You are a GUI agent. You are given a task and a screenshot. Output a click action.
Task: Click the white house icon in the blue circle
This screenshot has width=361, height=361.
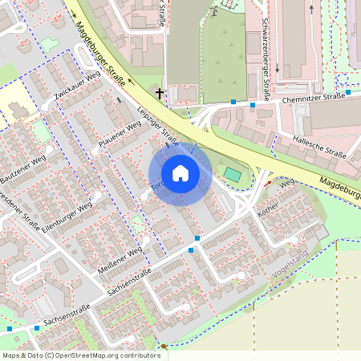180,173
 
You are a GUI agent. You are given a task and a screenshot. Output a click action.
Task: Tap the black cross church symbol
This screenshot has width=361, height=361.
160,94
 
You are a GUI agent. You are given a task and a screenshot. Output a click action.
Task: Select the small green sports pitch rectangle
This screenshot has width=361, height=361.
232,173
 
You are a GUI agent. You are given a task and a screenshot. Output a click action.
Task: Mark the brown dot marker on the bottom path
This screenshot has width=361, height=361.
164,347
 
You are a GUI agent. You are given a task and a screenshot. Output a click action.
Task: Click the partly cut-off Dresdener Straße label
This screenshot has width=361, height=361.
18,209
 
